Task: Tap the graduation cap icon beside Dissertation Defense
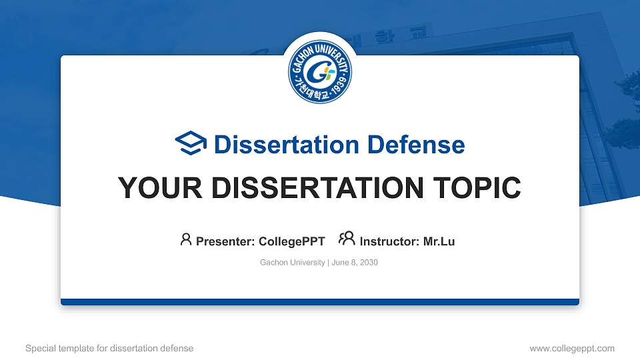point(191,144)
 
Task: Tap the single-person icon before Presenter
point(186,239)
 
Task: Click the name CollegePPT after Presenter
point(292,241)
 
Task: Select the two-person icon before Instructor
point(347,239)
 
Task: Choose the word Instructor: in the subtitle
point(390,241)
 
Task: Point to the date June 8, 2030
point(354,263)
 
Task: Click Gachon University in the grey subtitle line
point(292,263)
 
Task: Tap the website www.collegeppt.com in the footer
point(571,348)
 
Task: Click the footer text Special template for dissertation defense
point(109,348)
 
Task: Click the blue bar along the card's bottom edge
point(320,302)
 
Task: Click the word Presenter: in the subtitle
point(225,241)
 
